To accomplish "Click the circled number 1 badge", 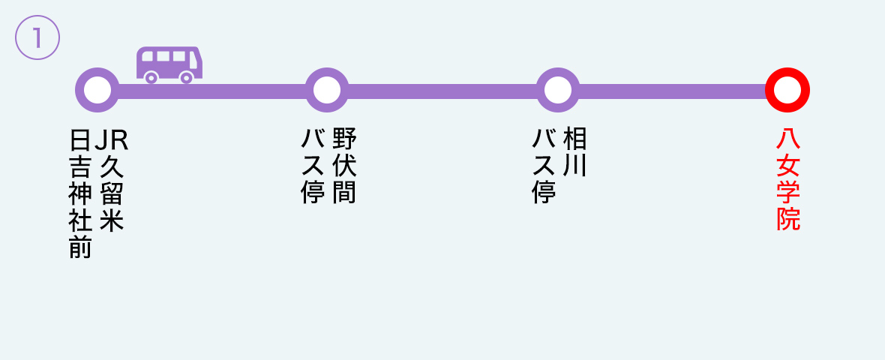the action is (37, 37).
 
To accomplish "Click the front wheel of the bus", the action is (187, 77).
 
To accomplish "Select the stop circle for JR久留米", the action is (97, 90).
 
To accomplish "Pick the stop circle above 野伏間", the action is (327, 90).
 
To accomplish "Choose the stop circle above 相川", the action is (558, 90).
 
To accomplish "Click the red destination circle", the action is (787, 90).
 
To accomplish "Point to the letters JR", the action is (111, 140).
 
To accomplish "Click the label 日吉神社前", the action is (80, 194).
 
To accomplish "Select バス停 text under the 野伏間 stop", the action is (313, 166).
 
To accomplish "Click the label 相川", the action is (575, 151).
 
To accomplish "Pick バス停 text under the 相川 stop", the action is (544, 166).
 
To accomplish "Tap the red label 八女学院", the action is (788, 179).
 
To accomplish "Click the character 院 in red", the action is (788, 219).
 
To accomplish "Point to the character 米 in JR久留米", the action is (111, 220).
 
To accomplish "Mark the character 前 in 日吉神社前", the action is (80, 247).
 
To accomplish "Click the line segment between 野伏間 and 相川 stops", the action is (442, 91).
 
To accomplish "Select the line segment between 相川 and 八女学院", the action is (672, 91).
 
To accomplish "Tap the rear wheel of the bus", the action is (151, 77).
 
